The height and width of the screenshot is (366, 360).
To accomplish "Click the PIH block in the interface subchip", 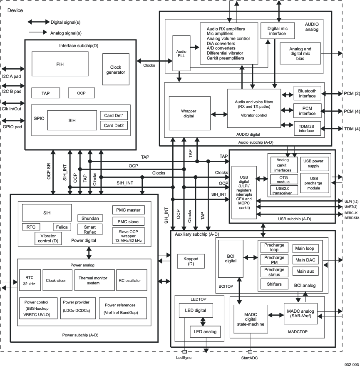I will tap(60, 64).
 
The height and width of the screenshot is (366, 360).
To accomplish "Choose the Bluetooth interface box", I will tap(307, 93).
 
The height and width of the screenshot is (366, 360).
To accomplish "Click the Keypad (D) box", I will tap(191, 261).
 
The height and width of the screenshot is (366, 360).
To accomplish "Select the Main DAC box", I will tap(306, 260).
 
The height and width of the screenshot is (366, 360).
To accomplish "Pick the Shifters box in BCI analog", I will tap(274, 284).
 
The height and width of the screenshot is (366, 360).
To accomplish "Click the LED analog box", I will tap(205, 331).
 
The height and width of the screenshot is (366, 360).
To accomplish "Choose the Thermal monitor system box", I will tap(93, 280).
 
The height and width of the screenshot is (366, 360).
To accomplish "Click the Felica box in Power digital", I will tap(62, 227).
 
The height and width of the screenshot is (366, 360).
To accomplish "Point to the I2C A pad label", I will tap(12, 77).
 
